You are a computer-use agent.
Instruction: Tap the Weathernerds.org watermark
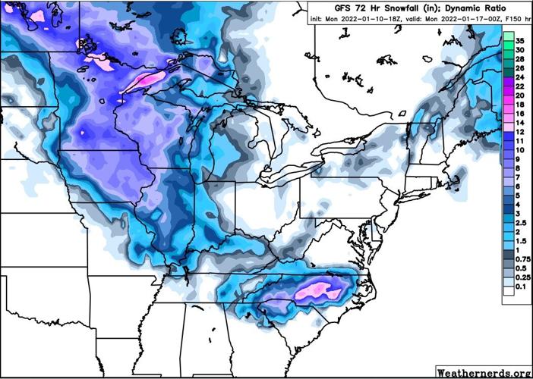[483, 372]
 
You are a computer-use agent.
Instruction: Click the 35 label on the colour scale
[520, 40]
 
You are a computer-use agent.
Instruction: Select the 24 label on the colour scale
[520, 77]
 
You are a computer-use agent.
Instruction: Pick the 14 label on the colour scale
[520, 123]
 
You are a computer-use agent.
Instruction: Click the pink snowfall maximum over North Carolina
[318, 289]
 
